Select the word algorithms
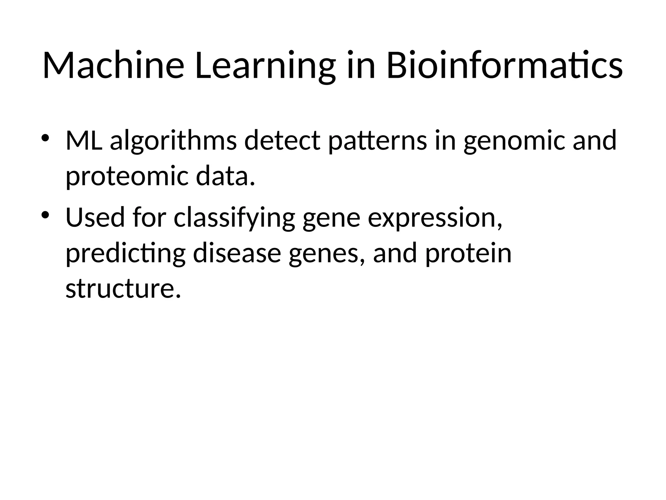[173, 141]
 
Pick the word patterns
[378, 141]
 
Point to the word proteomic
[127, 176]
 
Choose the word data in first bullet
[224, 176]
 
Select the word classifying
[234, 218]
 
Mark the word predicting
[126, 254]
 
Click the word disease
[237, 254]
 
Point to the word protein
[468, 254]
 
